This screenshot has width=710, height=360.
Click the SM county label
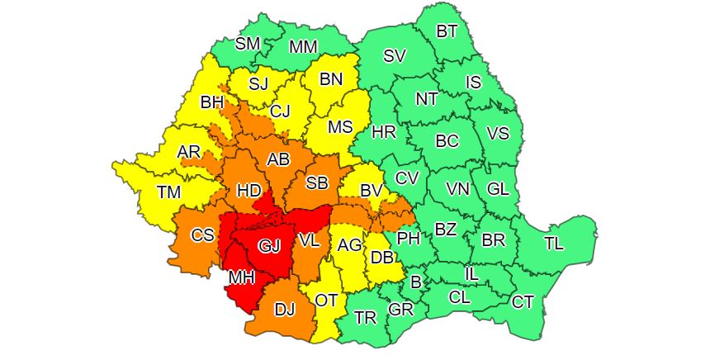tap(248, 44)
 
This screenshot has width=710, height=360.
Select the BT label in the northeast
tap(447, 31)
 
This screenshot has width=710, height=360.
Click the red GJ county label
tap(270, 246)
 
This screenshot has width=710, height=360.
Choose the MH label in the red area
tap(241, 277)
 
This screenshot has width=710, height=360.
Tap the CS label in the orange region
tap(202, 235)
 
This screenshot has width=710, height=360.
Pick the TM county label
tap(169, 192)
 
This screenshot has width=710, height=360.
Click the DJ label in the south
tap(284, 310)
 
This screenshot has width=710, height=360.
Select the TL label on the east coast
tap(555, 244)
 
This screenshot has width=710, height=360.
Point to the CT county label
tap(523, 301)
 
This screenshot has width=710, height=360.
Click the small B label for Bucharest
tap(415, 282)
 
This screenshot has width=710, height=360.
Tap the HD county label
tap(248, 190)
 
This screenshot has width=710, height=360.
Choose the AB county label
tap(278, 159)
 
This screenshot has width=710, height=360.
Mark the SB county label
tap(317, 182)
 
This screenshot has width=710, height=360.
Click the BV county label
tap(372, 191)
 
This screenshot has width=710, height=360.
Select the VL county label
tap(309, 241)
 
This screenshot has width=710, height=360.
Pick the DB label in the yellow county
tap(381, 257)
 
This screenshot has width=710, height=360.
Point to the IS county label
tap(473, 82)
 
